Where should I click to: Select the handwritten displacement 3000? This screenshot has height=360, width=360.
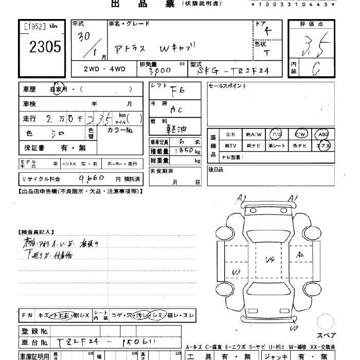click(159, 70)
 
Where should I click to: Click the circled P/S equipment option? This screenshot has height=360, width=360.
click(277, 134)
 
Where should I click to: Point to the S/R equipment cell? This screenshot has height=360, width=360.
click(230, 134)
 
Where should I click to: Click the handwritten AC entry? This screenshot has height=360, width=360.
click(176, 109)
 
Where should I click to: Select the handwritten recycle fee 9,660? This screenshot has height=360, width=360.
click(93, 178)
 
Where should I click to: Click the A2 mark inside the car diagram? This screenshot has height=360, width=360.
click(301, 255)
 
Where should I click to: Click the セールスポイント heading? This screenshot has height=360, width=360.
click(227, 86)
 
